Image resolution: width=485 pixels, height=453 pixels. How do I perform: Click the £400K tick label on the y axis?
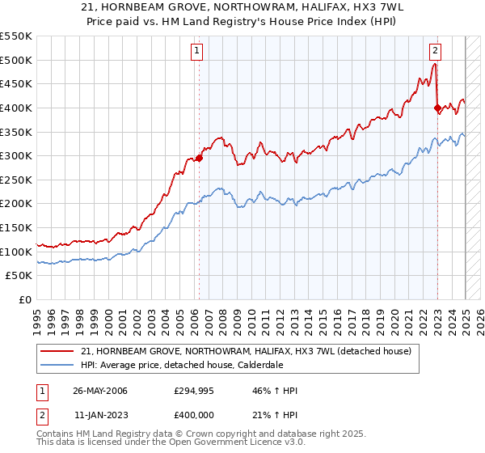click(16, 108)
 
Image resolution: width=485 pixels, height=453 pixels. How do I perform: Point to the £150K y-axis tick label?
click(16, 227)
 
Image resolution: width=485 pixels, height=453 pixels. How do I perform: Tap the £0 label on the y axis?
click(25, 299)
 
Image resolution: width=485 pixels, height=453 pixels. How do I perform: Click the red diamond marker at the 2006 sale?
click(199, 159)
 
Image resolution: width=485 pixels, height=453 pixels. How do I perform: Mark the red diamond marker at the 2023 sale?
click(437, 108)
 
